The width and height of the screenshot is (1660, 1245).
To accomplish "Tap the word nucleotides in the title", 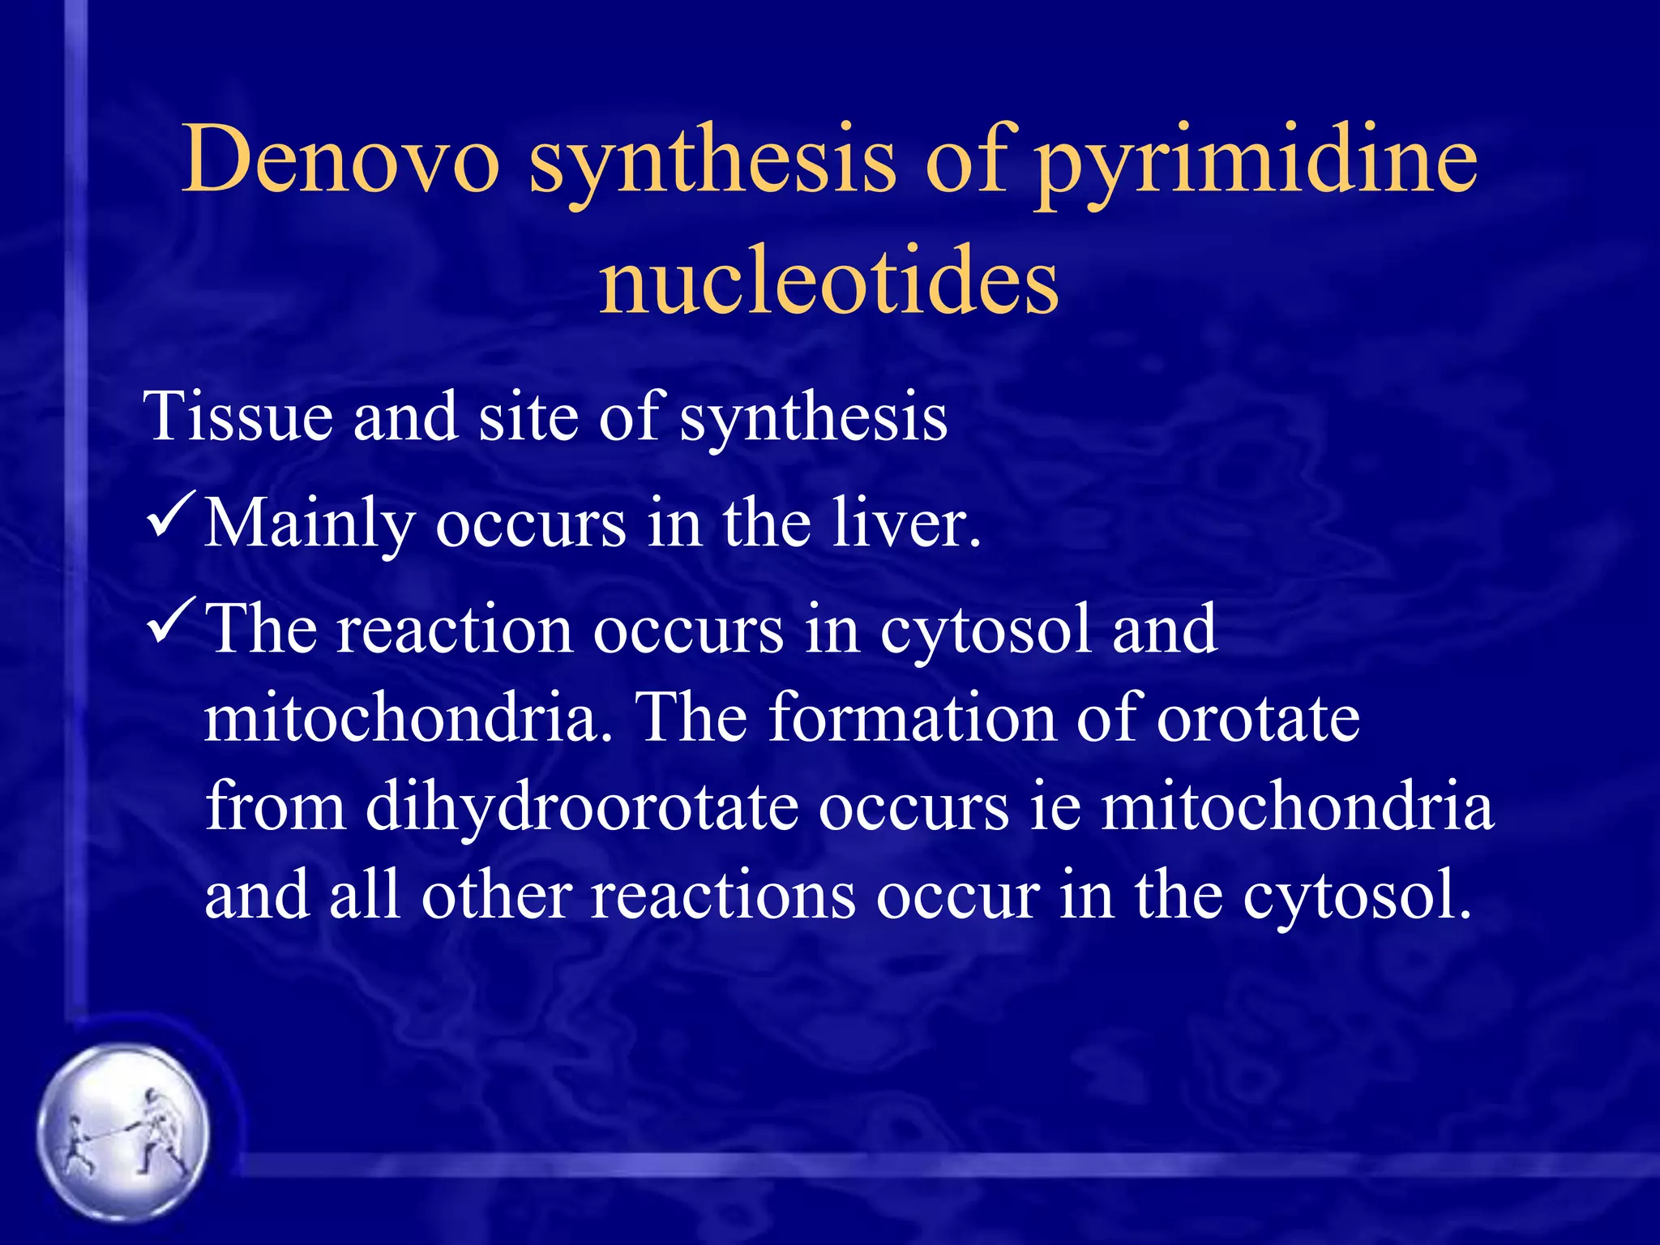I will (x=828, y=280).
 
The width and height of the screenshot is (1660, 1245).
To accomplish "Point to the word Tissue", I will (x=238, y=417).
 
